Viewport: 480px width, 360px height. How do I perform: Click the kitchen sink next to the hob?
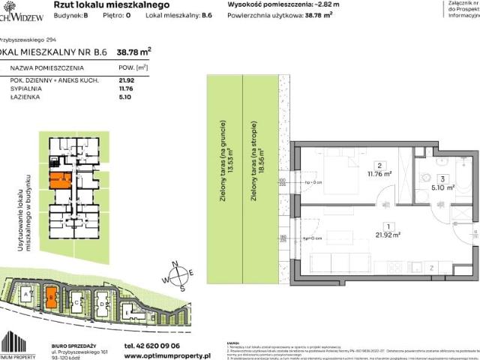412,266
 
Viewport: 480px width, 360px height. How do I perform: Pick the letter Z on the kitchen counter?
430,267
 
